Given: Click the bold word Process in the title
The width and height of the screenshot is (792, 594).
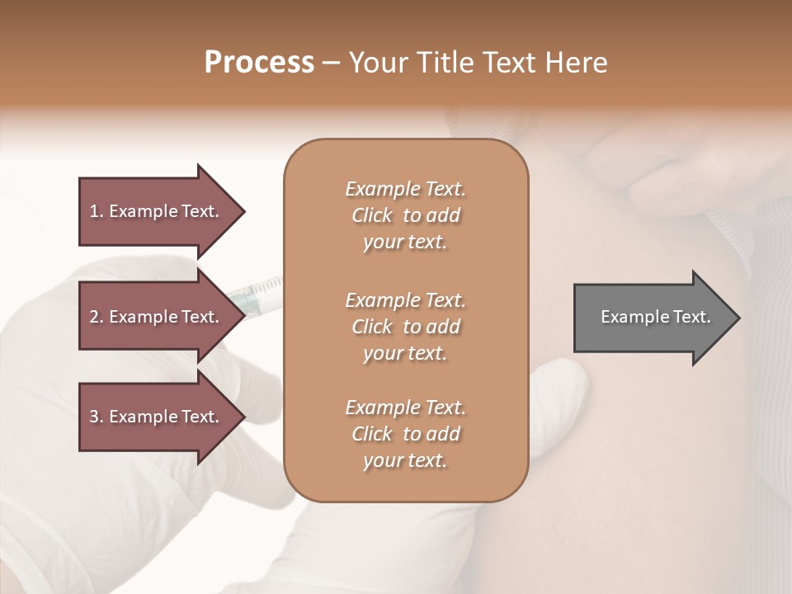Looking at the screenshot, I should pyautogui.click(x=259, y=63).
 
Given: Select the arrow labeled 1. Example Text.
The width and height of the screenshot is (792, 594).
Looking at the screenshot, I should pyautogui.click(x=157, y=211).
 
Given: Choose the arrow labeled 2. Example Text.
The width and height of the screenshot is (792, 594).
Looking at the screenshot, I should pyautogui.click(x=157, y=317).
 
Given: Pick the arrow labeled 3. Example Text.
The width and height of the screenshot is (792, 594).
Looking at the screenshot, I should pyautogui.click(x=157, y=417).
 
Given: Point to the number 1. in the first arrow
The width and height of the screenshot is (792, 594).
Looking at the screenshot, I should pyautogui.click(x=97, y=211).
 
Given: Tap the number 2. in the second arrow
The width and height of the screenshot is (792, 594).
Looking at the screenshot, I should pyautogui.click(x=97, y=317).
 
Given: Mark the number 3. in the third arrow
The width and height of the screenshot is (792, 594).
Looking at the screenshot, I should pyautogui.click(x=97, y=417).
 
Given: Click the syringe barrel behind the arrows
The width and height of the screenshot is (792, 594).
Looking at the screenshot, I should pyautogui.click(x=262, y=290).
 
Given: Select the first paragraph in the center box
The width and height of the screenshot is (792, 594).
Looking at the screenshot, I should pyautogui.click(x=405, y=215).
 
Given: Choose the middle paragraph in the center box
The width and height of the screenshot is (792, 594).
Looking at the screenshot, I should pyautogui.click(x=405, y=326).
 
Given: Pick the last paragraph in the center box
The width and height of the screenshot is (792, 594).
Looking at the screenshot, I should pyautogui.click(x=405, y=434).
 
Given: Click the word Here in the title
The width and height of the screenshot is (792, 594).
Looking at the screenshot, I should pyautogui.click(x=577, y=63).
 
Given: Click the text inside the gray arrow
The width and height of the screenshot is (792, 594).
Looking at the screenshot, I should pyautogui.click(x=655, y=317).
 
